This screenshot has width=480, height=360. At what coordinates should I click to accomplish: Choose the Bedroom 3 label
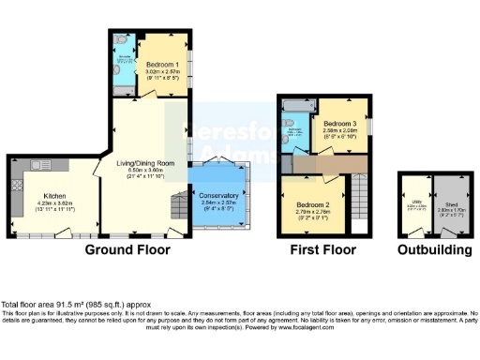click(x=340, y=124)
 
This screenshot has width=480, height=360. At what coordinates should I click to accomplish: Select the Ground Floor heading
click(x=127, y=250)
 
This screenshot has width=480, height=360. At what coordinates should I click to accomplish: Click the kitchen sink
click(x=42, y=165)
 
